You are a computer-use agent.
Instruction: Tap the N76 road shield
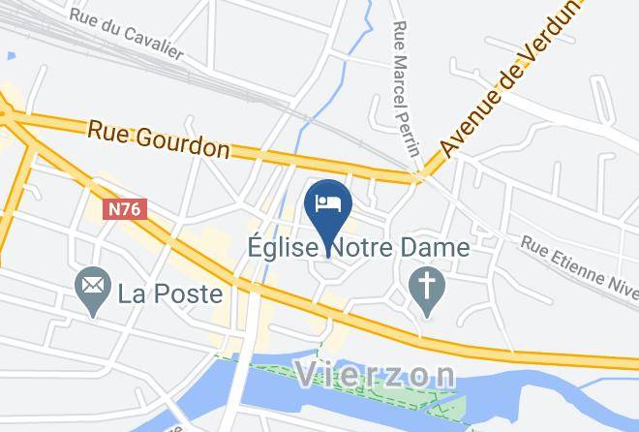[x=126, y=209]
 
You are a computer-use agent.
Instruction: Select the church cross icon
[x=425, y=292]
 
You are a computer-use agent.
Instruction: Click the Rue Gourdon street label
[x=158, y=139]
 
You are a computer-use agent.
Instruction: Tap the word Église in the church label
[x=281, y=248]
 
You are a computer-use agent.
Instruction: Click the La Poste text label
[x=170, y=293]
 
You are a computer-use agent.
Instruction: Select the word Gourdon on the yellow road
[x=185, y=143]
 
